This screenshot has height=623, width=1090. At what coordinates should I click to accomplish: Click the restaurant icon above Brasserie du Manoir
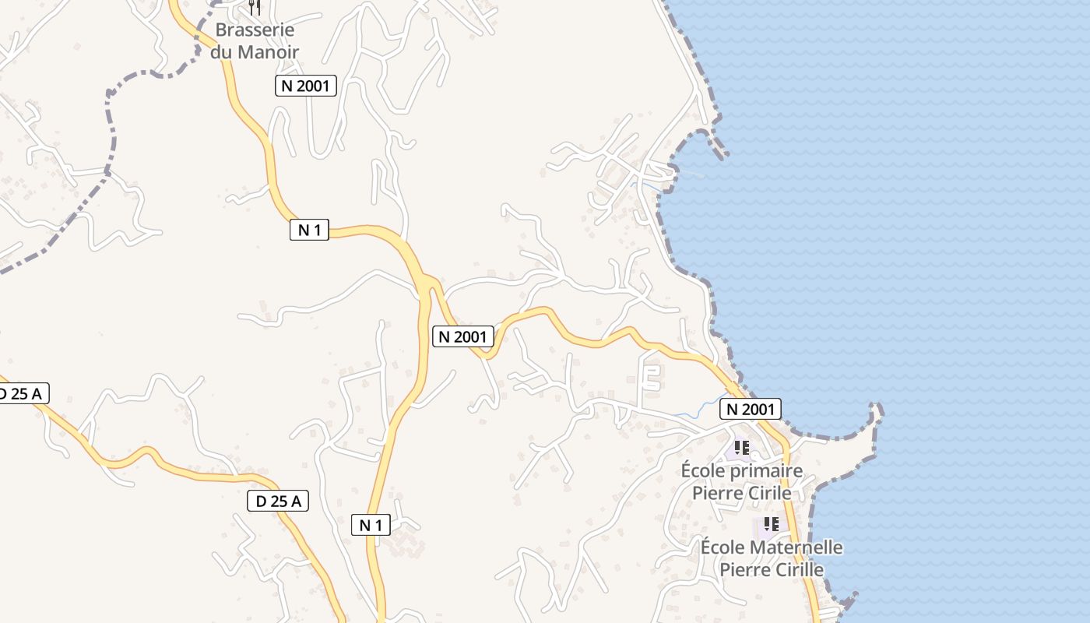point(255,7)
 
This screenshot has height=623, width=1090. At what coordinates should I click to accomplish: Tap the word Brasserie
point(255,30)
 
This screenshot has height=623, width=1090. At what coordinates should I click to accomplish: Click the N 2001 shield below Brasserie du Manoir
point(305,86)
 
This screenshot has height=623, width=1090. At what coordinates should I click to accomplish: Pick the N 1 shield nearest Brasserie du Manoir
point(309,230)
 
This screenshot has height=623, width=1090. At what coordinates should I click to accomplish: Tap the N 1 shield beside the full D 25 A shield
point(371,525)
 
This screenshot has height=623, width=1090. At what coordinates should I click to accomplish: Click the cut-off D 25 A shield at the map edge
point(21,394)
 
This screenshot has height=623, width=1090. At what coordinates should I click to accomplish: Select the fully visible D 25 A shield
point(278,502)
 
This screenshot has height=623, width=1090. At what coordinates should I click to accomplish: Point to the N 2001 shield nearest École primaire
point(750,409)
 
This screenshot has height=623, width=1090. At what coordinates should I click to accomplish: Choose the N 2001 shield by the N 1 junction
point(463,336)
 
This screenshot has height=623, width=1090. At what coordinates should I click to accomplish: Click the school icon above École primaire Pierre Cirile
point(741,448)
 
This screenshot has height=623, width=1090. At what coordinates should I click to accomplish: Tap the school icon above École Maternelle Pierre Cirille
point(771,524)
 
